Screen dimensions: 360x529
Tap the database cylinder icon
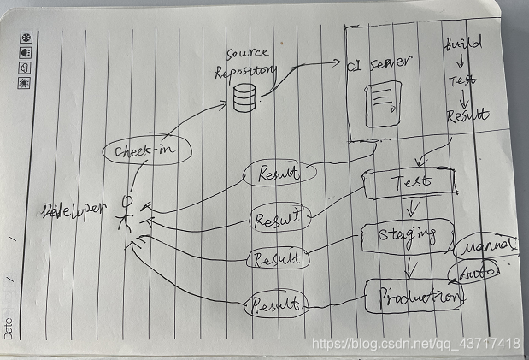[245, 100]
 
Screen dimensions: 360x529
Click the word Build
[463, 43]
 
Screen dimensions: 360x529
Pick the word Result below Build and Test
[467, 115]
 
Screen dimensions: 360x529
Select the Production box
[414, 296]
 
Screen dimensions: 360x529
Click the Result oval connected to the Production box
[274, 304]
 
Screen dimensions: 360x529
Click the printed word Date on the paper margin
[9, 328]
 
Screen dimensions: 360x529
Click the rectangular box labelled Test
[409, 182]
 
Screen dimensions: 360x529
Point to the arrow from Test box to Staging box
[412, 208]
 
